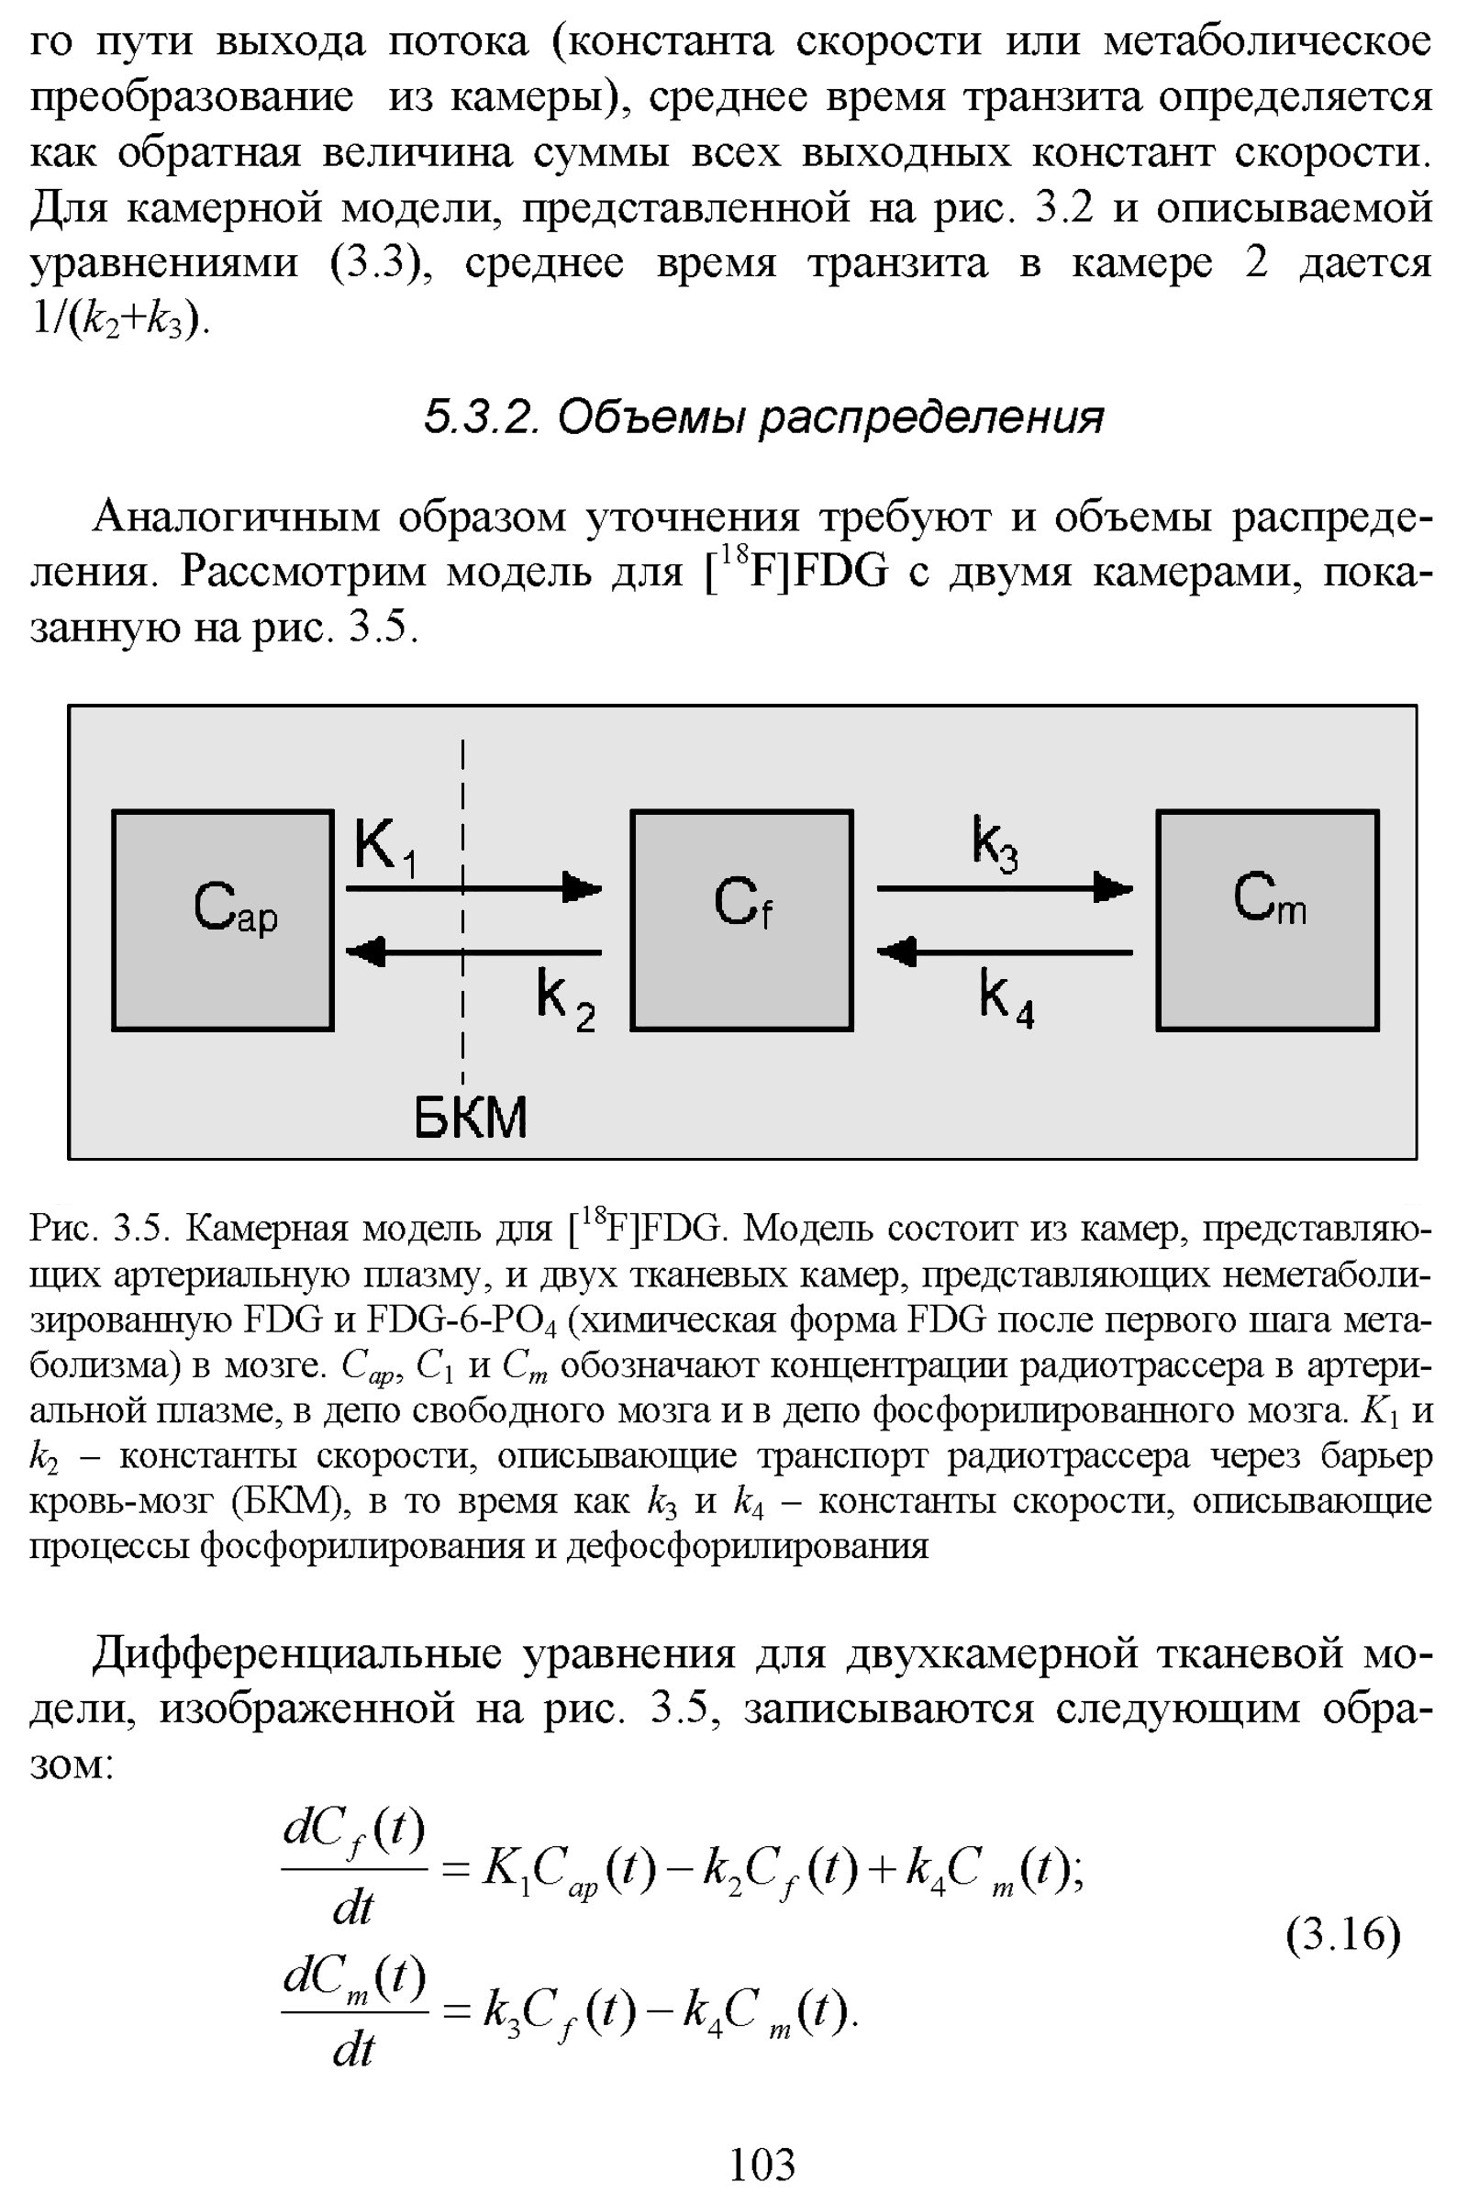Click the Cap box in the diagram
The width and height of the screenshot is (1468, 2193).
(223, 919)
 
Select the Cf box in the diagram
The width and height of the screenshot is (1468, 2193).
(741, 919)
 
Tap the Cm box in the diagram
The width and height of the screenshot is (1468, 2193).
(1267, 919)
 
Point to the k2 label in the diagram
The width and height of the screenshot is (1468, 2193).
(565, 999)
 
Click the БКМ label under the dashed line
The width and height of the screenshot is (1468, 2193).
(471, 1116)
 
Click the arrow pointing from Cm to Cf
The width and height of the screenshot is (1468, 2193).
(1004, 952)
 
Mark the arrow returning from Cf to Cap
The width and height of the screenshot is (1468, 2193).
(473, 952)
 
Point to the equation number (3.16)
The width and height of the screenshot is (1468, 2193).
(1342, 1934)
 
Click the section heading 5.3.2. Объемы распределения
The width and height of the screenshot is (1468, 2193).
(763, 417)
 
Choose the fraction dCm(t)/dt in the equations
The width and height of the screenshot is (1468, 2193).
(355, 2010)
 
